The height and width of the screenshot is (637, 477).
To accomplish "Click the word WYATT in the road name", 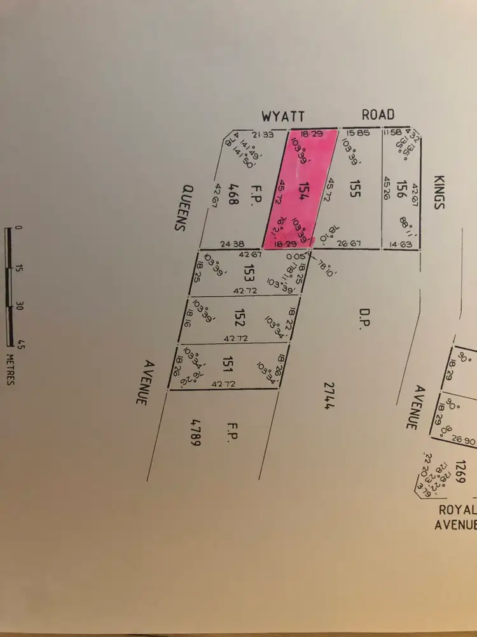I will click(x=284, y=116).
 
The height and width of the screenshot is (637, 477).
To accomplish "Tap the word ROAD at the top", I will click(x=378, y=115).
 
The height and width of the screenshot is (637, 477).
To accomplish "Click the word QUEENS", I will click(x=186, y=208).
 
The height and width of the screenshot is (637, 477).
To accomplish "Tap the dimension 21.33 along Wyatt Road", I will click(x=261, y=134).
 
